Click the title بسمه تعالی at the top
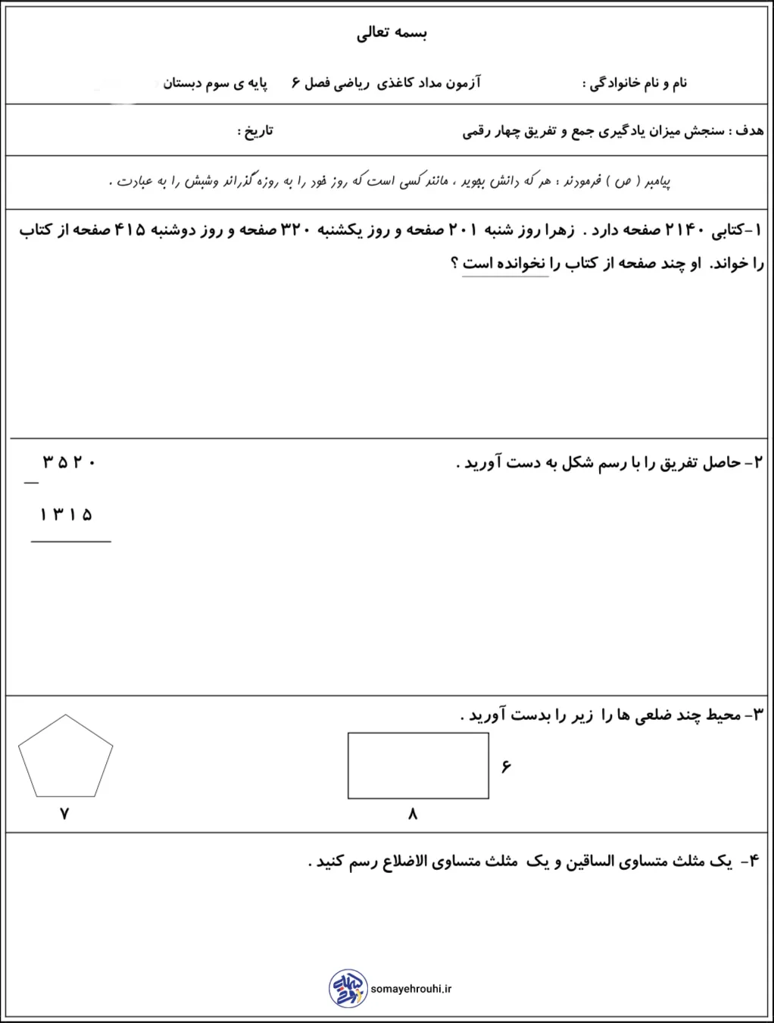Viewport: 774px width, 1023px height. point(392,33)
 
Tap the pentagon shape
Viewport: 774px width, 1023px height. point(65,757)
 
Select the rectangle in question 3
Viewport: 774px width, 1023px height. point(418,765)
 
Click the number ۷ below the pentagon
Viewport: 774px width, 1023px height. point(64,814)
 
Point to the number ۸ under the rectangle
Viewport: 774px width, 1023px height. point(413,814)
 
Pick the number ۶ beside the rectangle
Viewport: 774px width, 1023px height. point(506,767)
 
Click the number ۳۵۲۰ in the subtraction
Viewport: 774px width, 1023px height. point(69,461)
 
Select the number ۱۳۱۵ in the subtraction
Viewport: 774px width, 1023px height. point(66,515)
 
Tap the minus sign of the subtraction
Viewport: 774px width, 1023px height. point(31,483)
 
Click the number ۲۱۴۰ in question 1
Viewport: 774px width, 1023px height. point(685,230)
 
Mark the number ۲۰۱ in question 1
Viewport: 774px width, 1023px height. point(463,230)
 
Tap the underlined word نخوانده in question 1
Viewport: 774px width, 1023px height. point(520,264)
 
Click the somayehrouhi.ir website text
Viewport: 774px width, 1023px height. point(411,989)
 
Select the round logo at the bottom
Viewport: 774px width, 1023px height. point(348,988)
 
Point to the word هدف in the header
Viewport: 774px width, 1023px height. point(750,131)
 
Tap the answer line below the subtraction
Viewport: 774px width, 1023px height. point(70,542)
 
